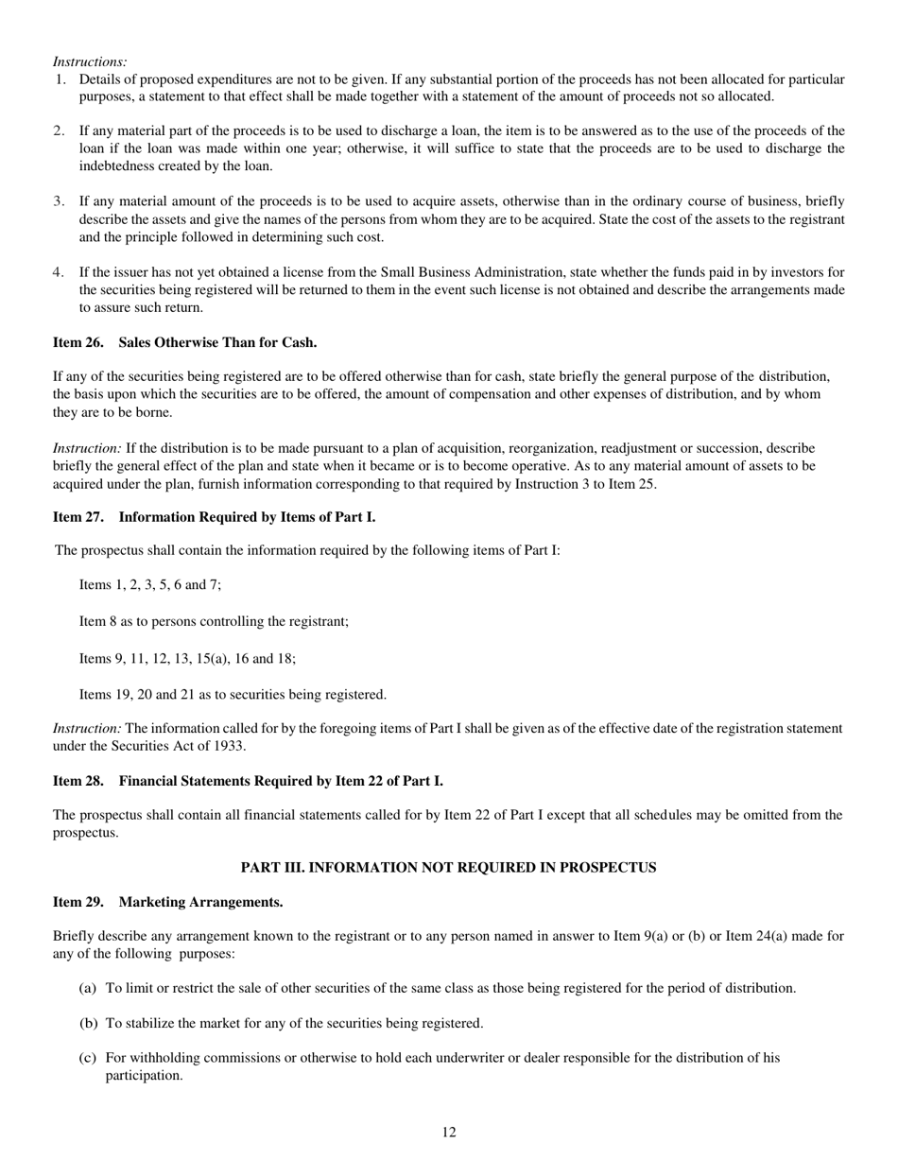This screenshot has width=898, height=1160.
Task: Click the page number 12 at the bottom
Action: (449, 1133)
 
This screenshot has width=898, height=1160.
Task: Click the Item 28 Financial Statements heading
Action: (248, 781)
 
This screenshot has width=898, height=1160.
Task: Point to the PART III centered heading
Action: (448, 867)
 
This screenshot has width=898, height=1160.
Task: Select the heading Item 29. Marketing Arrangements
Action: (167, 902)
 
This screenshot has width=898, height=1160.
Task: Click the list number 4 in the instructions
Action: (59, 272)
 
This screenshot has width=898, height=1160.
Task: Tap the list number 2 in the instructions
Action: (59, 131)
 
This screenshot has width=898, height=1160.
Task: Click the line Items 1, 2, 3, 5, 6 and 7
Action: (150, 585)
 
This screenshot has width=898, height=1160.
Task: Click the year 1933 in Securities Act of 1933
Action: (230, 746)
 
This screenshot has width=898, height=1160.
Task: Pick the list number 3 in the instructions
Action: (59, 201)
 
